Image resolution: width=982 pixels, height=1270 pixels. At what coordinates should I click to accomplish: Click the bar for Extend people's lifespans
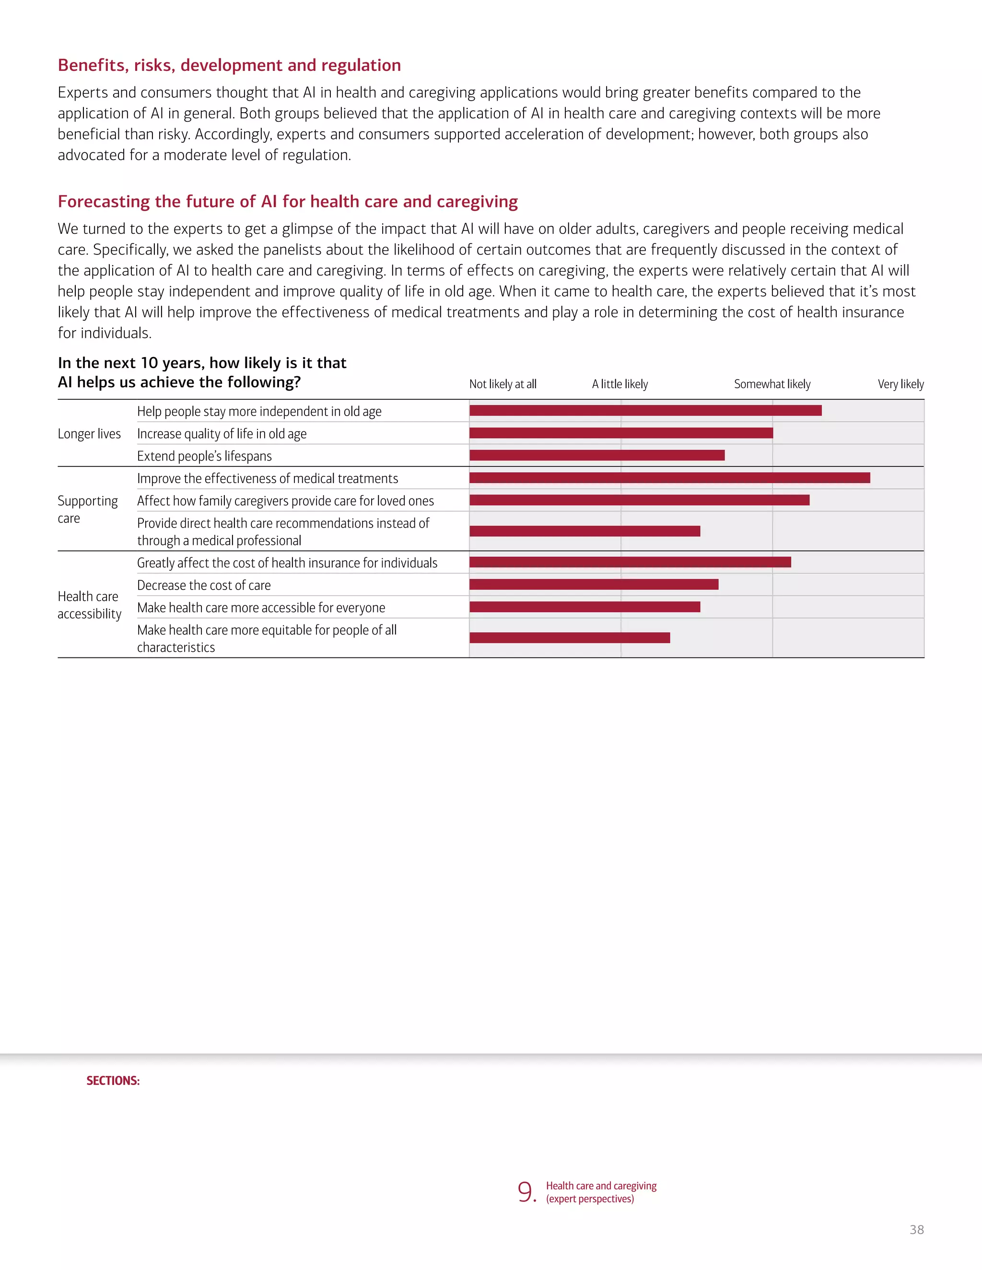[x=597, y=455]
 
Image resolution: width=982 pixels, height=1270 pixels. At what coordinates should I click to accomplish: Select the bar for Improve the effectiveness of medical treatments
[x=669, y=478]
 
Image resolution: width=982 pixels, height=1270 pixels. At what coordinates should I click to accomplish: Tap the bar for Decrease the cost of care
[x=594, y=584]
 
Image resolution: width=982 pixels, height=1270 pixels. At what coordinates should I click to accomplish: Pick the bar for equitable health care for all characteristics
[x=570, y=638]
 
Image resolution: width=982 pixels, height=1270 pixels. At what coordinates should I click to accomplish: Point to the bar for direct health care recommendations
[x=585, y=531]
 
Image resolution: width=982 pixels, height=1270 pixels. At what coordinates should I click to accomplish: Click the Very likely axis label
[x=900, y=384]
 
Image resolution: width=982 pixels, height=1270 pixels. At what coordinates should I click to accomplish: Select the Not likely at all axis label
[x=503, y=384]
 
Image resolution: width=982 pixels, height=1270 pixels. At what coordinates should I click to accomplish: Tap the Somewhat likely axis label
[x=772, y=384]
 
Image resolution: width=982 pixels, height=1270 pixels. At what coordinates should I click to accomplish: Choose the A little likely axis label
[x=620, y=384]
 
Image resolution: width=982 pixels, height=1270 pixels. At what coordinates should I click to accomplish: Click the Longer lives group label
[x=89, y=434]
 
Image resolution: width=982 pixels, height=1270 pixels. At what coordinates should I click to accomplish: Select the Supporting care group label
[x=87, y=509]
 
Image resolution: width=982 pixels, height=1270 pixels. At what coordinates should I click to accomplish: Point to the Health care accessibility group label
[x=89, y=605]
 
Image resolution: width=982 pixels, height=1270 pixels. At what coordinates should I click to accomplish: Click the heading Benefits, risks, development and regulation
[x=229, y=65]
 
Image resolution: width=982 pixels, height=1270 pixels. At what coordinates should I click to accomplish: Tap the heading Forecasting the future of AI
[x=287, y=201]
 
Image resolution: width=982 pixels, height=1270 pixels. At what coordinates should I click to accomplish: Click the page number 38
[x=916, y=1229]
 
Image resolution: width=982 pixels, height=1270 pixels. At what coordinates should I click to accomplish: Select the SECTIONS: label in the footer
[x=113, y=1080]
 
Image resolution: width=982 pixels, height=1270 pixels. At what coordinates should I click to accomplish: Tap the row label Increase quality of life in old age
[x=222, y=434]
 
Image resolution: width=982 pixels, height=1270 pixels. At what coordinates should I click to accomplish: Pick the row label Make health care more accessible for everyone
[x=261, y=608]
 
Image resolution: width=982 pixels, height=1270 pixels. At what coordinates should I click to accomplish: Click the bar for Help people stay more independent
[x=645, y=411]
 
